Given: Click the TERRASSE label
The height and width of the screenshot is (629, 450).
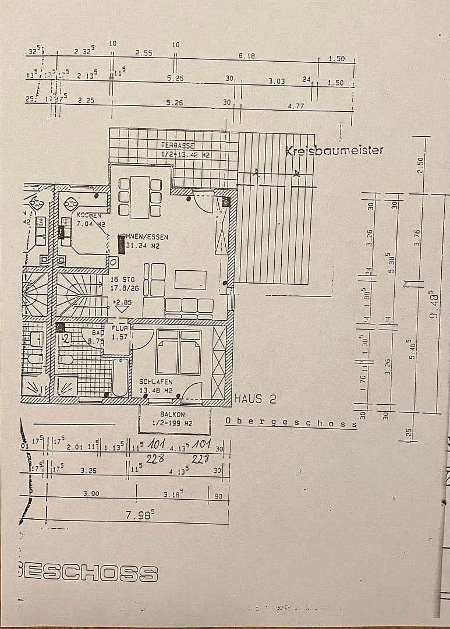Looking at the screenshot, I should pos(178,144).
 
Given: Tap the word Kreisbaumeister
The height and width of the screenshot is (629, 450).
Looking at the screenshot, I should pos(334,150).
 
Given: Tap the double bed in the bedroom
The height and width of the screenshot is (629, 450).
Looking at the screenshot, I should pos(178,352).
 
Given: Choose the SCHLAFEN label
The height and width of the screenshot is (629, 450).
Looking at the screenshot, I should pos(155,382).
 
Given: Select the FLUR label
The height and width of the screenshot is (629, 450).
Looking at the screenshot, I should pos(119,328).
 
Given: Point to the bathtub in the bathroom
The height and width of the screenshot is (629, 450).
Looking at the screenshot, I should pos(119,377).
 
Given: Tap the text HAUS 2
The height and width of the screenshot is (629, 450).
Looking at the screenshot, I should pos(254,400).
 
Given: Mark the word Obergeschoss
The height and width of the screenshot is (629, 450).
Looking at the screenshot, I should pos(290,422).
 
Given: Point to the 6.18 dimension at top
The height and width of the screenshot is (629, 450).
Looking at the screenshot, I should pos(247,55).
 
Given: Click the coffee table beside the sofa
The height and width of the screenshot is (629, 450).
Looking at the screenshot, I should pos(190,280).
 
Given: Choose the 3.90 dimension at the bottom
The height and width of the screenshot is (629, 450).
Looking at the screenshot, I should pos(91,493).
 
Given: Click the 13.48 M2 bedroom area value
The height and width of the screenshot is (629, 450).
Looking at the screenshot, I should pos(155,390).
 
